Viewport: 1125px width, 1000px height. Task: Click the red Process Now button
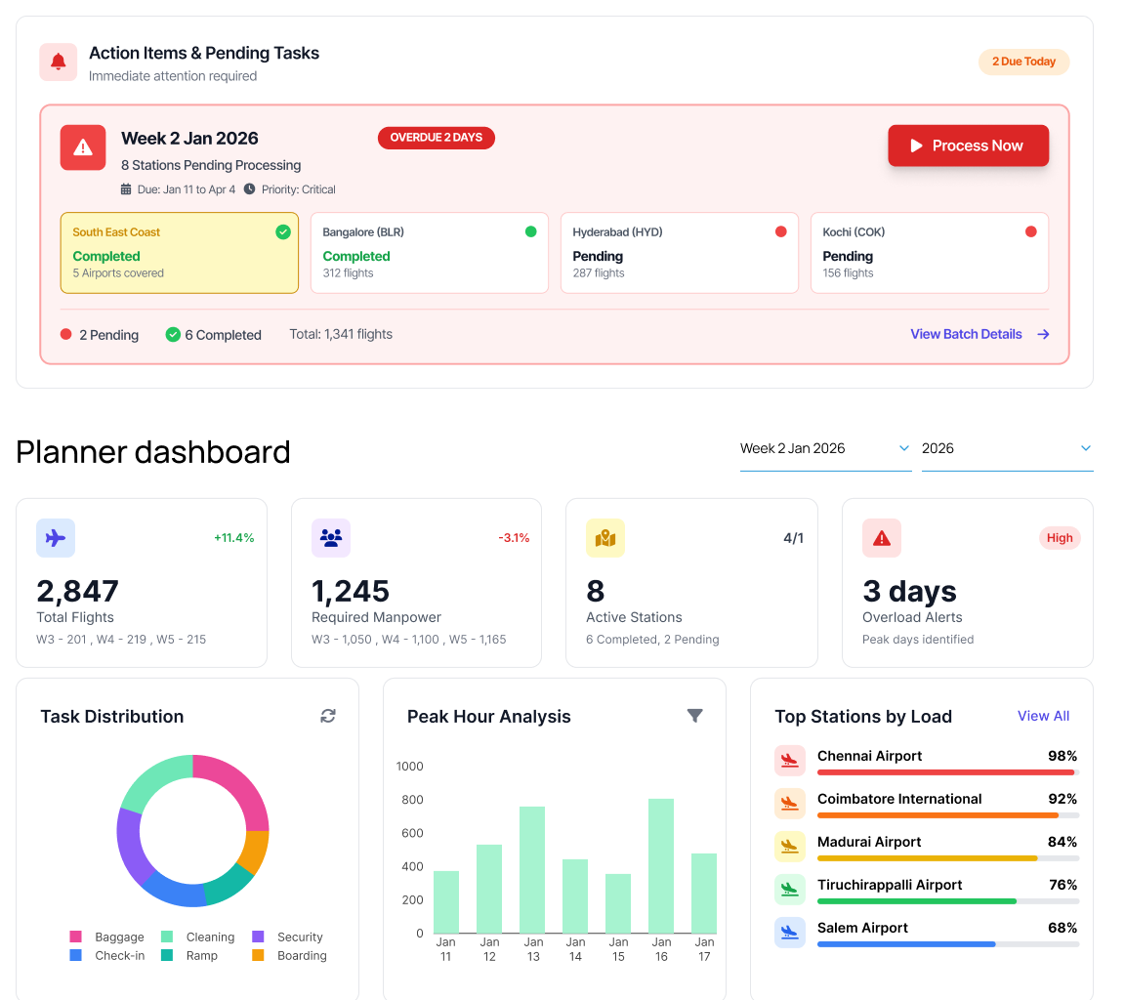[x=968, y=146]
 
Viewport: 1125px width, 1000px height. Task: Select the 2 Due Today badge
[x=1023, y=62]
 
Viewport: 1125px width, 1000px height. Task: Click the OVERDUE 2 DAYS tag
[x=436, y=138]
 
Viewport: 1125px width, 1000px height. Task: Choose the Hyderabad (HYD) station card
[x=679, y=253]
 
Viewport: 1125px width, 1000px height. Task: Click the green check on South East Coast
[x=282, y=231]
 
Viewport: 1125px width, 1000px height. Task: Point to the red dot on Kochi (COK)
[x=1030, y=231]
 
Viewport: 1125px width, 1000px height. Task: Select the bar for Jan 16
[x=661, y=865]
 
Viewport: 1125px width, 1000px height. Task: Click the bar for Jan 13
[x=532, y=869]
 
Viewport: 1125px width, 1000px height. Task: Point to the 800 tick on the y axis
[x=411, y=800]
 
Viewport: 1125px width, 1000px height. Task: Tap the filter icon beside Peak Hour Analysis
[x=694, y=716]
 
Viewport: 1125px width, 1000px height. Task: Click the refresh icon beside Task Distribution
[x=328, y=716]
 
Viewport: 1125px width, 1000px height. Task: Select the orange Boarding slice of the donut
[x=254, y=852]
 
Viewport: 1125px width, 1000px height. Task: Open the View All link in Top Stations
[x=1043, y=716]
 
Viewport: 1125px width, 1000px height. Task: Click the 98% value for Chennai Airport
[x=1062, y=756]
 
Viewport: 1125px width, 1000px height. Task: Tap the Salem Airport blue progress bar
[x=905, y=944]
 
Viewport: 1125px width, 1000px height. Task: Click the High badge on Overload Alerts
[x=1060, y=538]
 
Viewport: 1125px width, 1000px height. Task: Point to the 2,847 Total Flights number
[x=77, y=591]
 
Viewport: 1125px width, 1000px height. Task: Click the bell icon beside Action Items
[x=59, y=62]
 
